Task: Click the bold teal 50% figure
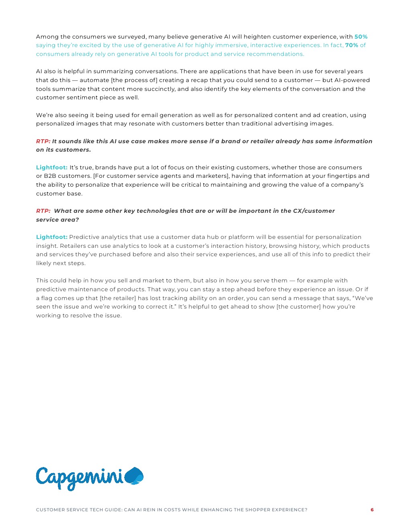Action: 361,37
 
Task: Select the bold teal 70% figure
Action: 351,45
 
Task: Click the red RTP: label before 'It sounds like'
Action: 43,141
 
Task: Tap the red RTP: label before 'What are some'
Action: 43,211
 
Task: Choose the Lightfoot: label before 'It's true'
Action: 51,167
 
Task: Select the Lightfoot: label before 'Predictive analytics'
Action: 51,237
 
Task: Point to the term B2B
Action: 50,176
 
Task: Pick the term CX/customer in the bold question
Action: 314,211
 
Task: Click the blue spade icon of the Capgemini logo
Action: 134,476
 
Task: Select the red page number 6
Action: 372,510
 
